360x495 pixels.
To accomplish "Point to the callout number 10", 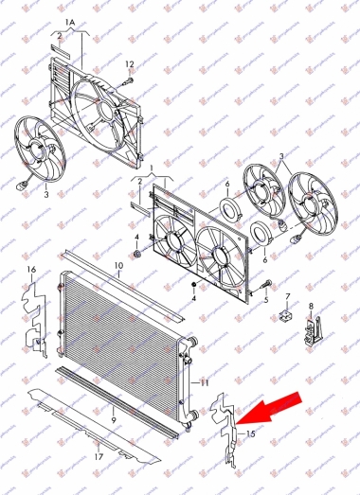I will pos(119,266).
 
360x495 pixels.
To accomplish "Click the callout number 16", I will pos(30,272).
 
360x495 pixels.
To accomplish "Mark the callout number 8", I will pos(311,306).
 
